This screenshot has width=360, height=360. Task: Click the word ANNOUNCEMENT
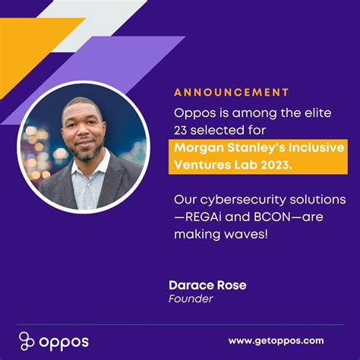click(232, 93)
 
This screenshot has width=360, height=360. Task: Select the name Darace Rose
click(197, 286)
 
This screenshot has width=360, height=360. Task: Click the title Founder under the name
click(191, 299)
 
